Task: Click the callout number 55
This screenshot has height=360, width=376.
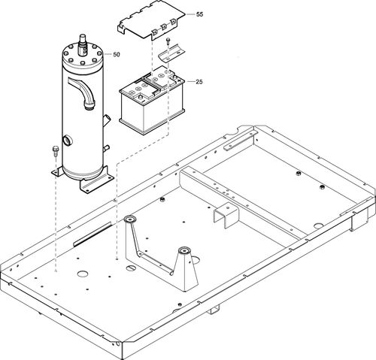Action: (199, 14)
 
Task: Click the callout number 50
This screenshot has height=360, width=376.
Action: (116, 54)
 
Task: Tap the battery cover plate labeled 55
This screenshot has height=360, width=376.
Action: (154, 24)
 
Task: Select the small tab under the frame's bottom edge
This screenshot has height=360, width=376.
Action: (215, 310)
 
